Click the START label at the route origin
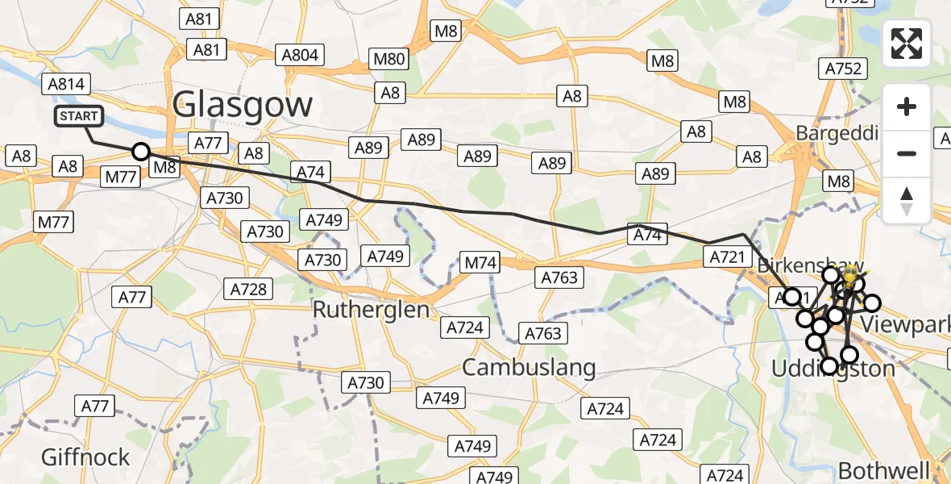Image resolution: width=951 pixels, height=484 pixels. pos(79,116)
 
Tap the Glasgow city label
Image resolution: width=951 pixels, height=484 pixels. pos(243,105)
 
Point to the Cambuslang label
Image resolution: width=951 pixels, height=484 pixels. pos(529,368)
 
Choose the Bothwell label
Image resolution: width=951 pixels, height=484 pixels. pos(883,470)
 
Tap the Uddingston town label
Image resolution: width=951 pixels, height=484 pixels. pos(833,369)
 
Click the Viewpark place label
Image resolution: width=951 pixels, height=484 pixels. pos(905,324)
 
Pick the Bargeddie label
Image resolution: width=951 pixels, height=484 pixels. pos(836,132)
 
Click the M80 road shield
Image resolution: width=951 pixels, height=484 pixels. pos(389,58)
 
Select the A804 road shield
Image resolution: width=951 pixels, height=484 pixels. pos(300,55)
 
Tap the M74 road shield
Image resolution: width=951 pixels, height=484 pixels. pos(481,262)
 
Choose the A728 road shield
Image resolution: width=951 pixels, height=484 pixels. pos(249,289)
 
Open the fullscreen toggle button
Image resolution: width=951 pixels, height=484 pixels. pos(907,44)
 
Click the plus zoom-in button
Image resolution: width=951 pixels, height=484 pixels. pos(907,106)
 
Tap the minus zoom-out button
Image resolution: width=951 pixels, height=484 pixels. pos(907,153)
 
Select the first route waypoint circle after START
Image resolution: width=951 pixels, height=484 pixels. pos(141,152)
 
